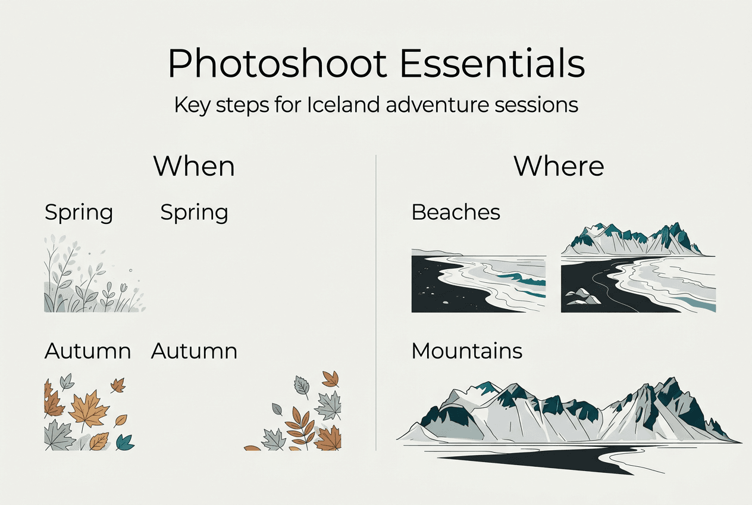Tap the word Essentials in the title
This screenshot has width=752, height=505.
point(492,64)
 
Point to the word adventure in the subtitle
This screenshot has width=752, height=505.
point(438,105)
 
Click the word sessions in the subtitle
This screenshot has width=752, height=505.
point(541,105)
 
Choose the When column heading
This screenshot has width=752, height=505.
point(194,166)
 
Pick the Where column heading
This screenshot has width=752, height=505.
point(559,166)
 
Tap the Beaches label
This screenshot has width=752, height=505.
point(456,212)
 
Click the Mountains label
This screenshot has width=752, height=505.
point(467,351)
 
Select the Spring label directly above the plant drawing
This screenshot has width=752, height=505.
point(79,213)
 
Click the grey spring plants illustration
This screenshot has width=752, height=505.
point(92,277)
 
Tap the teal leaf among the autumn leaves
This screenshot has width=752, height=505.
point(124,441)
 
